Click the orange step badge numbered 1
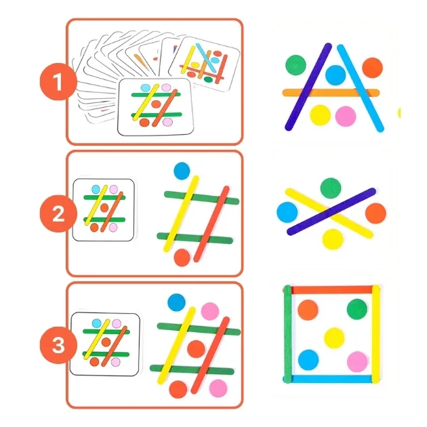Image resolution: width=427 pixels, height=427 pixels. point(58,82)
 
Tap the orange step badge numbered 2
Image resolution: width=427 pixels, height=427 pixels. point(58,213)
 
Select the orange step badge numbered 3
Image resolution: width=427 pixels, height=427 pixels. point(58,345)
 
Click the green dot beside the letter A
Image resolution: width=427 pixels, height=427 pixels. point(296,65)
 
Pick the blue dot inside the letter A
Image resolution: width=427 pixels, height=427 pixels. point(335,75)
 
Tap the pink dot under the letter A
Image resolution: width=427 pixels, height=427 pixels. point(346,117)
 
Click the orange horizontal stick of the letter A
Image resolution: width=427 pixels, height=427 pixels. point(331,93)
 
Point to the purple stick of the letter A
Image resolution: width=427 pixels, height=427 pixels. point(308,87)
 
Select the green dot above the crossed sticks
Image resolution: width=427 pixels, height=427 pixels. point(331,188)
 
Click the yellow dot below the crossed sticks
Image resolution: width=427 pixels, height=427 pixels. point(333,239)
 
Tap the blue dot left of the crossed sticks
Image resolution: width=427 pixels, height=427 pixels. point(287,212)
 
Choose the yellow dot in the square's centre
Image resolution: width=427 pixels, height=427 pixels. point(334,338)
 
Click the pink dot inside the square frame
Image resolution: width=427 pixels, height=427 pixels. point(358,362)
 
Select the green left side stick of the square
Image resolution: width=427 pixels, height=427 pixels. point(287,334)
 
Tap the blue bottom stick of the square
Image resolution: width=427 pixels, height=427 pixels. point(331,379)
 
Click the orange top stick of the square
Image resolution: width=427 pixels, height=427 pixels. point(331,290)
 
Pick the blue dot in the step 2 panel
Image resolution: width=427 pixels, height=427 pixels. point(182,171)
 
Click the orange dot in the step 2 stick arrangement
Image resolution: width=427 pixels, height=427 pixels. point(182,258)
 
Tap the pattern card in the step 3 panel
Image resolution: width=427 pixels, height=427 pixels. point(105,344)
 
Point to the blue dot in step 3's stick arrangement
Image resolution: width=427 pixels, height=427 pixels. point(176,302)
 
